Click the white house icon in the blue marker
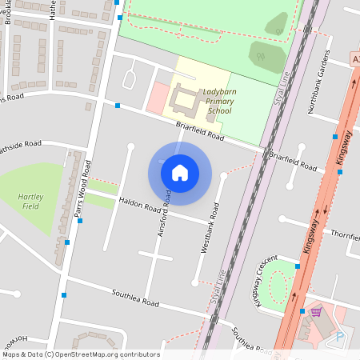tap(180, 172)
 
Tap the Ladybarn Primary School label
tap(218, 102)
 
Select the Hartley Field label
tap(31, 201)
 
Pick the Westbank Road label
tap(210, 233)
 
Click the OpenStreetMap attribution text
tap(81, 354)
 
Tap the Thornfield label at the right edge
tap(345, 236)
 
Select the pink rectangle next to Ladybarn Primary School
tap(158, 98)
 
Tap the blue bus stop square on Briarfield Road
tap(118, 106)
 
